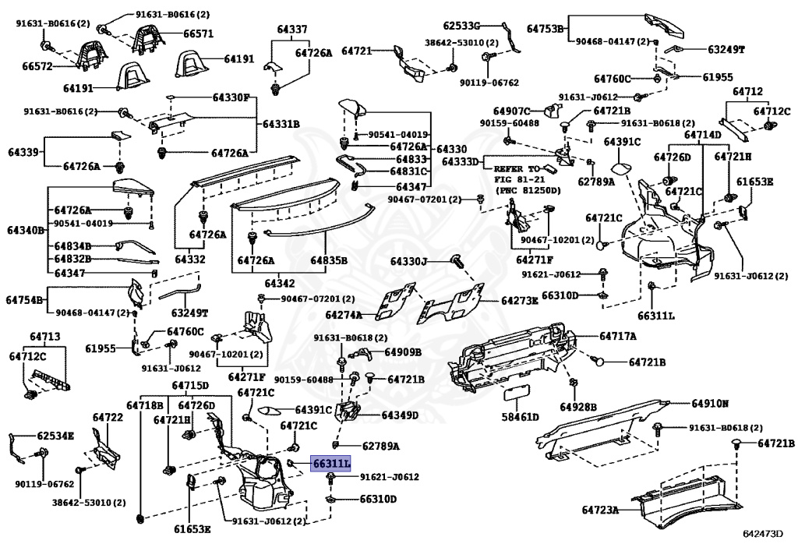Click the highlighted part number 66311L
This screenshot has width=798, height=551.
coord(331,463)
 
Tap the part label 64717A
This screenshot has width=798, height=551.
coord(618,336)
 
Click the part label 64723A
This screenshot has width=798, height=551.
coord(599,510)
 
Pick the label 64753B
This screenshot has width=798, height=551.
coord(545,29)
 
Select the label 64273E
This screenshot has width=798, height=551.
coord(519,300)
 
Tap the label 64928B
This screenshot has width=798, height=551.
coord(578,407)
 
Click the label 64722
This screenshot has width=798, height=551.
coord(108,418)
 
